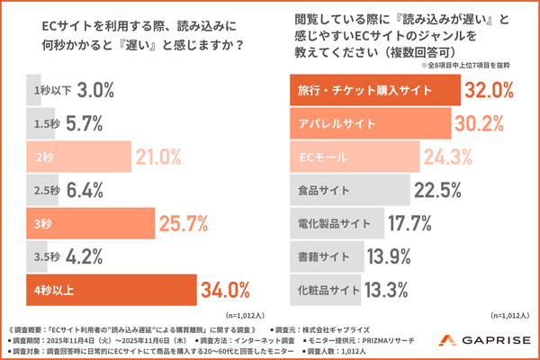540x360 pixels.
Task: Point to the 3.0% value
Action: [x=94, y=90]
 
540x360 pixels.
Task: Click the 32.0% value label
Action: [x=490, y=90]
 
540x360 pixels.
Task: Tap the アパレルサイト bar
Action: [x=369, y=123]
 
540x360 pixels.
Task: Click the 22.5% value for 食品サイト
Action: [x=441, y=190]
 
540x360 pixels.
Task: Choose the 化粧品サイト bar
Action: [x=324, y=290]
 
